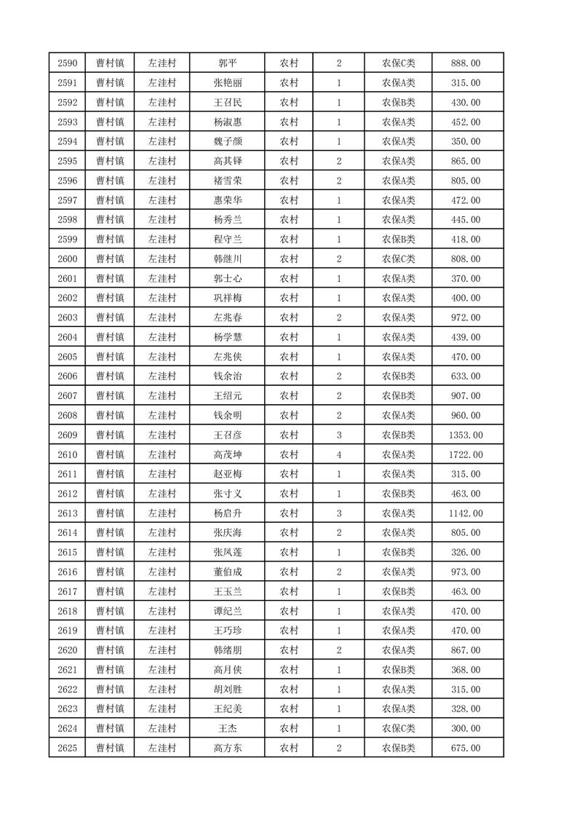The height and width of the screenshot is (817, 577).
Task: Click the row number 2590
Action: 67,63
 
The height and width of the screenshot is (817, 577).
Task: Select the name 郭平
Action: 228,63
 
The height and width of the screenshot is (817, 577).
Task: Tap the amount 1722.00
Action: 466,454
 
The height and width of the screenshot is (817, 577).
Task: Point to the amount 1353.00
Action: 466,435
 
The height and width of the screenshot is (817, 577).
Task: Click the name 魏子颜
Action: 228,141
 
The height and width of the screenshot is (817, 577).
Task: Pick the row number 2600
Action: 67,258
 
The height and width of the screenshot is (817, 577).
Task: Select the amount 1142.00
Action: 466,513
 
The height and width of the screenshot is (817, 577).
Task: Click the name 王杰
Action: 228,728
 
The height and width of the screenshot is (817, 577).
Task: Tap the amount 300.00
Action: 466,728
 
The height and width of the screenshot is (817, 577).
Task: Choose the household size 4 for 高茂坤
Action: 339,454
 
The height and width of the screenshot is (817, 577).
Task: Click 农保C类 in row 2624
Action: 398,728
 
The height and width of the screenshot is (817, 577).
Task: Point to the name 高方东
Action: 228,748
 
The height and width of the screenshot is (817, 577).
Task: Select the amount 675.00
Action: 466,748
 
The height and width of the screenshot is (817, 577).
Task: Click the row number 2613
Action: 67,513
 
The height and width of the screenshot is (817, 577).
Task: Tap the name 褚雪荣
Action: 228,181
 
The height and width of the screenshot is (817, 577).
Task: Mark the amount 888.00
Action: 466,63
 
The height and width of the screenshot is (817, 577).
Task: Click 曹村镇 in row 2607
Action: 110,395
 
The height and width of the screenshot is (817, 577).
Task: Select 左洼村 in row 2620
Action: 162,650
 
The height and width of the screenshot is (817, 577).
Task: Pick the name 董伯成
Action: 228,572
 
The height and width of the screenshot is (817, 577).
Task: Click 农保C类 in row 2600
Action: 398,258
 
